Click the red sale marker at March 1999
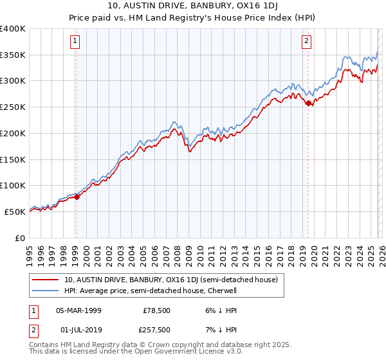(x=77, y=197)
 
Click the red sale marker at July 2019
(x=308, y=103)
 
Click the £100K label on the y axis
(x=12, y=185)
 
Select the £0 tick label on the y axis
(x=20, y=238)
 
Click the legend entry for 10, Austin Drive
(x=170, y=280)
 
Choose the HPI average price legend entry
(x=151, y=291)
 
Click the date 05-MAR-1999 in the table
(x=78, y=310)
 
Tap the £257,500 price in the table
(x=157, y=330)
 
